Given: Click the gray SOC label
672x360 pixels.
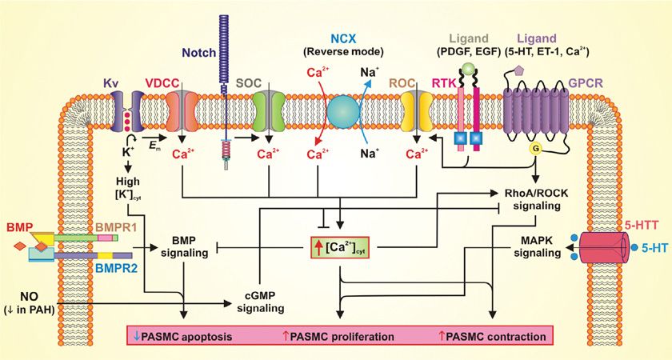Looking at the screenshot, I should click(251, 82).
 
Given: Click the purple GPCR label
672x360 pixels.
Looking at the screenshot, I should click(584, 82).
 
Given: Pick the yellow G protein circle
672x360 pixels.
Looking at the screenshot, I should click(532, 149).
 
